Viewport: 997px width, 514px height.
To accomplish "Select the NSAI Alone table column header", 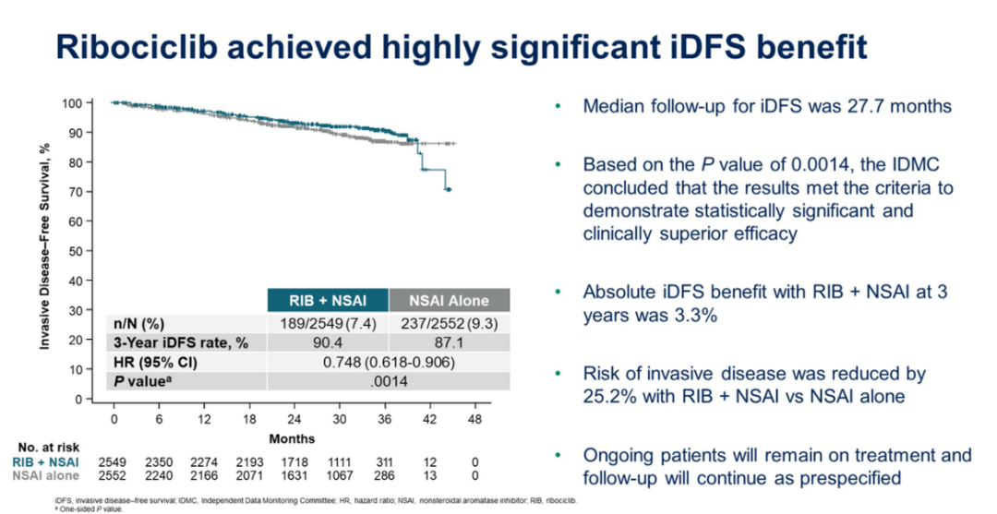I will click(450, 300).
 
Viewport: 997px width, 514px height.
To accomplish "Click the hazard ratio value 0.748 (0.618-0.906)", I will click(388, 362).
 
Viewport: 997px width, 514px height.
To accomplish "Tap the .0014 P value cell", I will click(388, 381).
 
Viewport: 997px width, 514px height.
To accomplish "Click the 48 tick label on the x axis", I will click(475, 419).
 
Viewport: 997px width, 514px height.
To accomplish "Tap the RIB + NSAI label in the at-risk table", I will click(47, 461).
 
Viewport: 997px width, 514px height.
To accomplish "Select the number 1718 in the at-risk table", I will click(294, 461).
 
